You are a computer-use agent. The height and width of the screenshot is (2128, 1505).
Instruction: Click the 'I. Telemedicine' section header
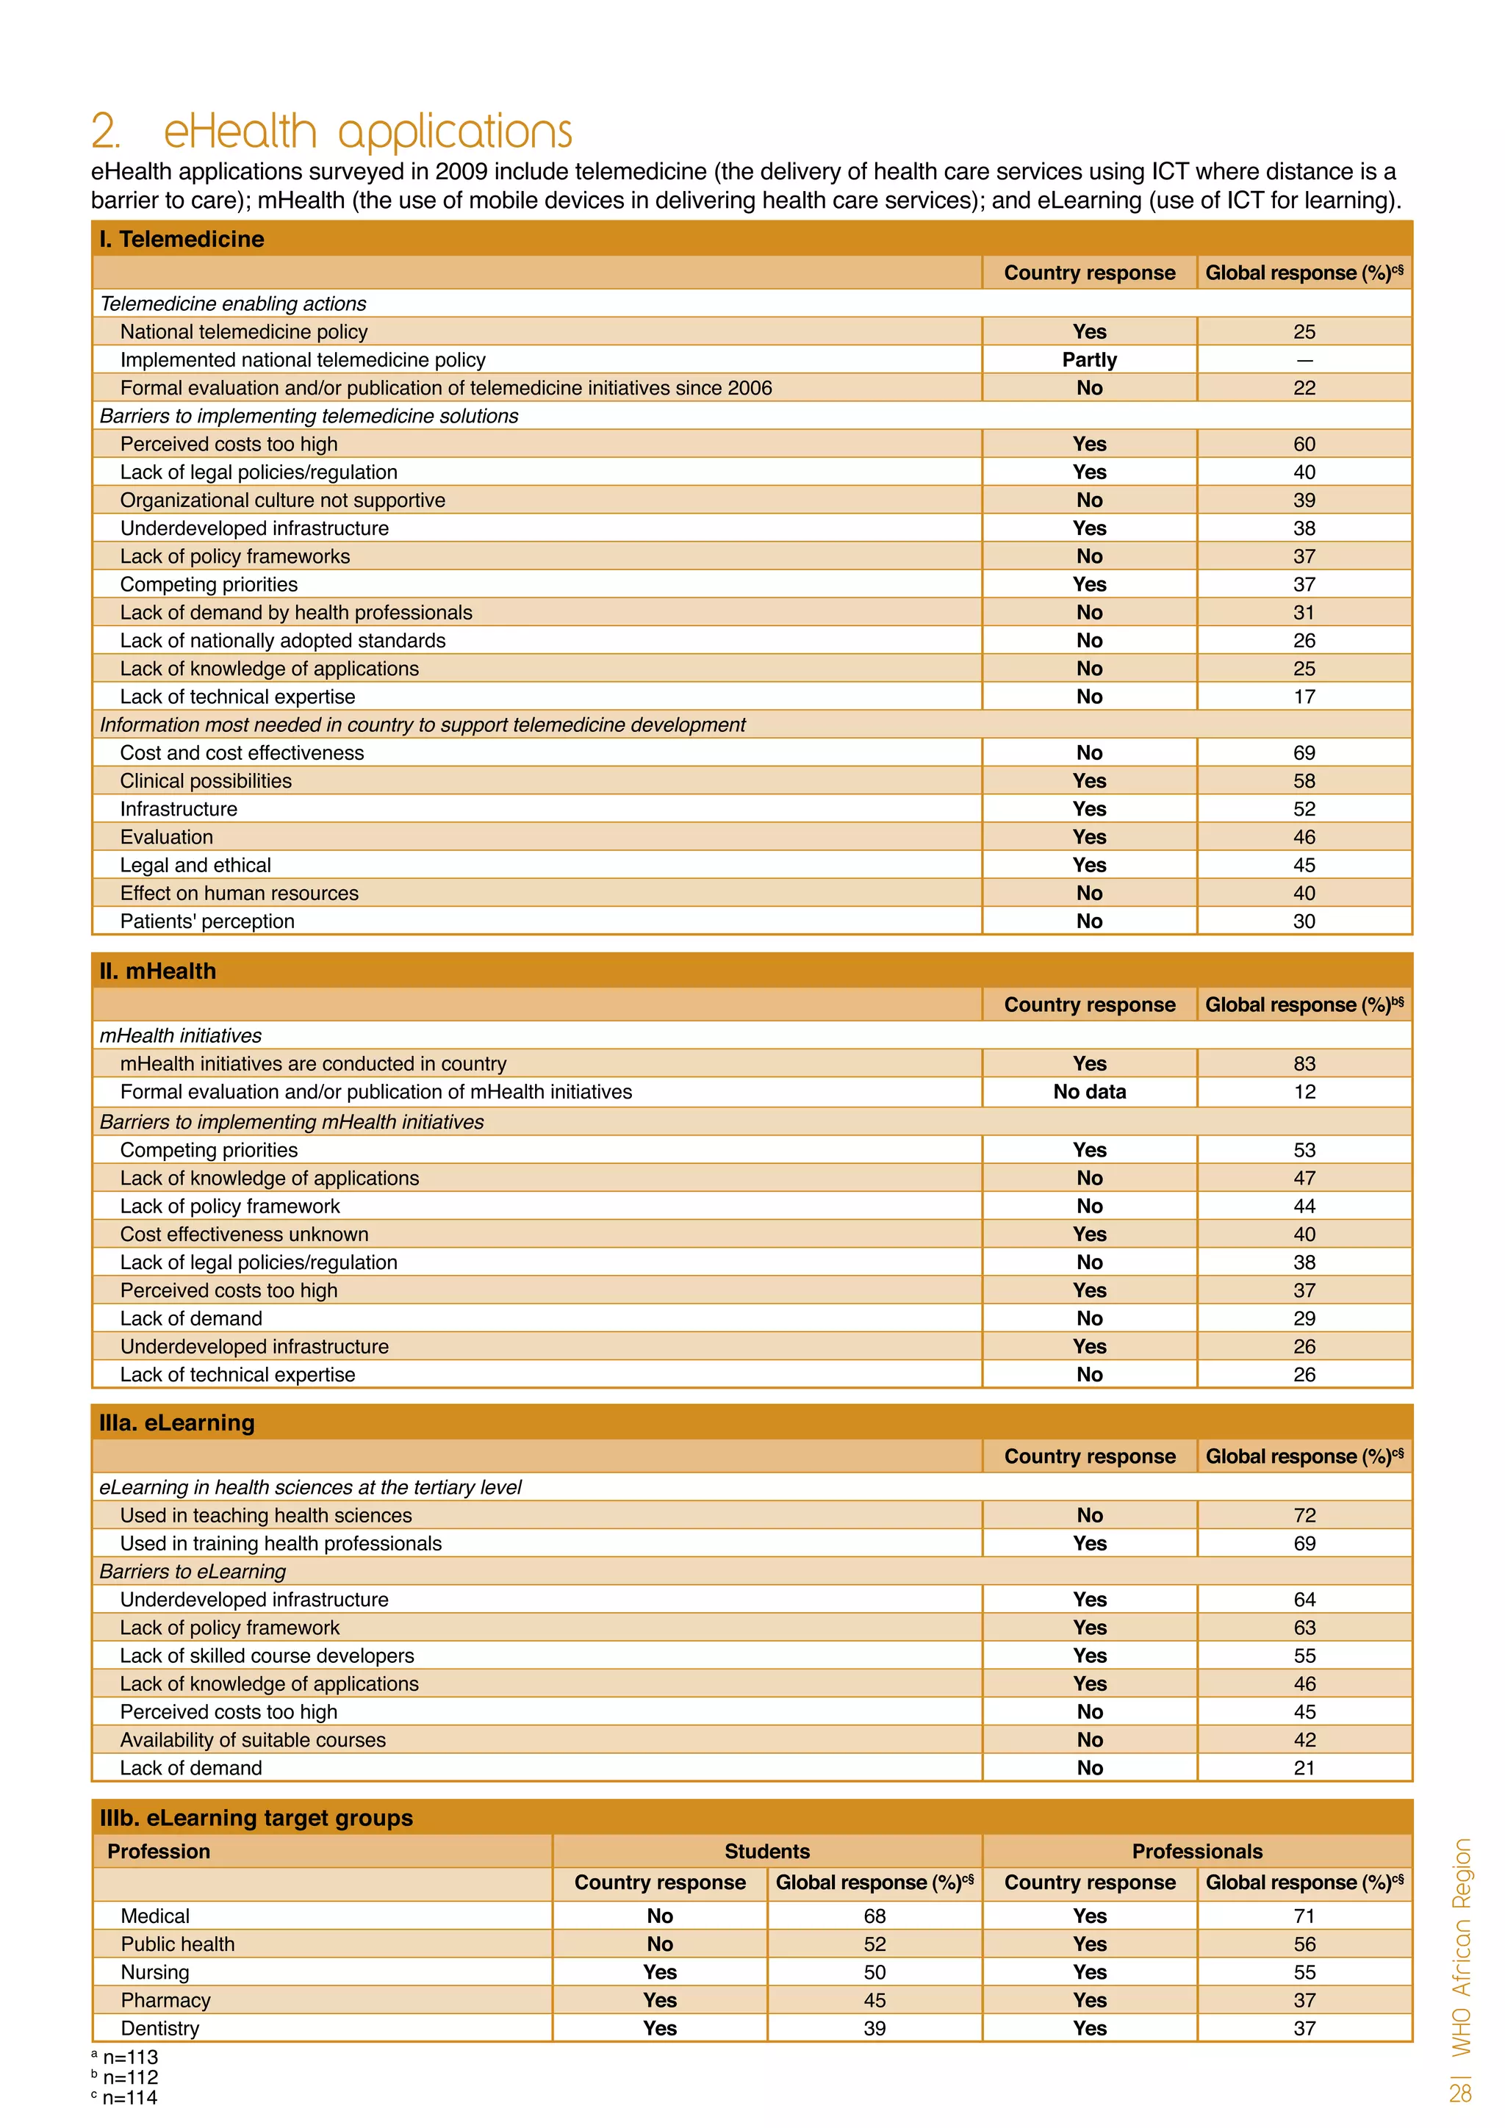coord(182,239)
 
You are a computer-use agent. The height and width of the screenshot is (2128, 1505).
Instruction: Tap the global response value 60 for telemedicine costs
coord(1304,444)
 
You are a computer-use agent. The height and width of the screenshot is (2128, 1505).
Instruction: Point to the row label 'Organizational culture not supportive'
coord(283,500)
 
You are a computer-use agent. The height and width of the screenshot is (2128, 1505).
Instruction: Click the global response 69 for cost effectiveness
coord(1304,752)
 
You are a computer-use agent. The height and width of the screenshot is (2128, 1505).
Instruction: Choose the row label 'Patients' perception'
coord(206,921)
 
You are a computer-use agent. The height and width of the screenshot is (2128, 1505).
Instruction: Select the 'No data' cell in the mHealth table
coord(1089,1092)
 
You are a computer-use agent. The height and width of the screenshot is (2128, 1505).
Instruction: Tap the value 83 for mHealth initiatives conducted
coord(1304,1064)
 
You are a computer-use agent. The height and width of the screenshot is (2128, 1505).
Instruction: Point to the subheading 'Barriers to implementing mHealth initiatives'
coord(291,1122)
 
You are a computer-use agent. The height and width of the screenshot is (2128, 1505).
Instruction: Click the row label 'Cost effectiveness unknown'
coord(244,1234)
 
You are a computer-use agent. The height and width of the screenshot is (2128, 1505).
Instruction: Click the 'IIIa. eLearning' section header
coord(176,1423)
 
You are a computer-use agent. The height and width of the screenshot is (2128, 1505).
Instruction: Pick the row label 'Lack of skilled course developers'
coord(267,1656)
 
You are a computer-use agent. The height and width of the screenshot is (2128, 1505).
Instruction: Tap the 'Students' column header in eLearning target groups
coord(766,1852)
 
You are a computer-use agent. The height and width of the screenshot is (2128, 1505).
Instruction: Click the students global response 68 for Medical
coord(874,1916)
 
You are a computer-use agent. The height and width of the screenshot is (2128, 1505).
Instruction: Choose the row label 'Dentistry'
coord(159,2029)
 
